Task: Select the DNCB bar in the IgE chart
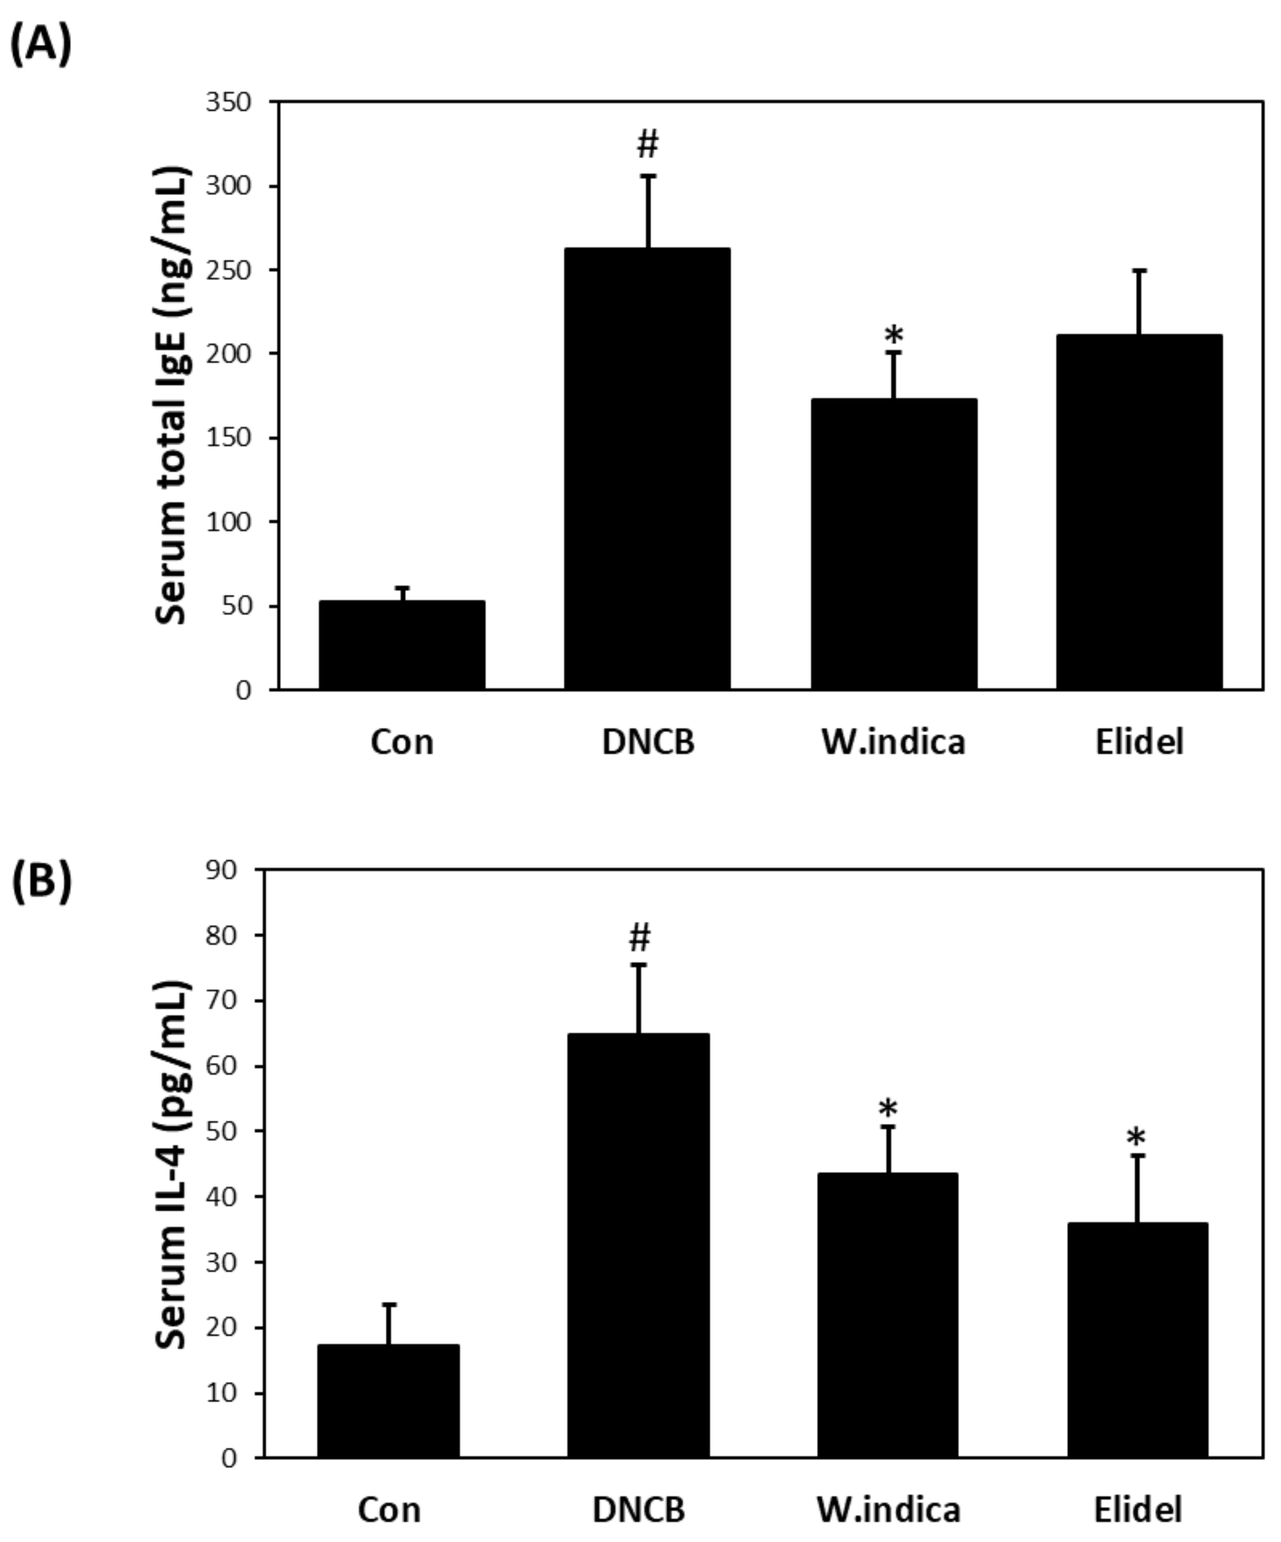pyautogui.click(x=647, y=470)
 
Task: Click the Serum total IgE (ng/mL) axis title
pyautogui.click(x=173, y=396)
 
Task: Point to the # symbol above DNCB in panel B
pyautogui.click(x=639, y=938)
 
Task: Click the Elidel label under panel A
pyautogui.click(x=1139, y=742)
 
